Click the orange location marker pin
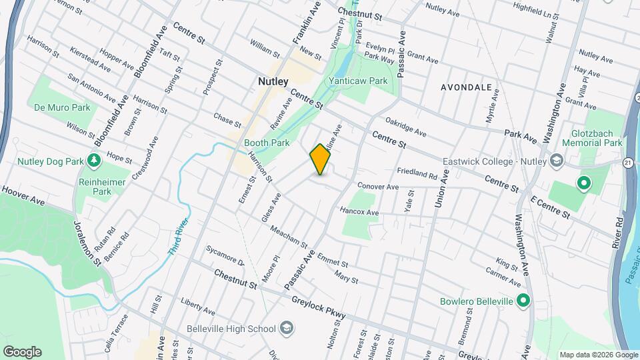point(320,159)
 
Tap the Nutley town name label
point(273,81)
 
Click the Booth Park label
point(267,143)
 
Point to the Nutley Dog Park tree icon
point(94,160)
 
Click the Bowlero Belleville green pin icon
point(523,301)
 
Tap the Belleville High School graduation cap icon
point(286,328)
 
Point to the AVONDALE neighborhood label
point(466,87)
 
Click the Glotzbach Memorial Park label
point(592,138)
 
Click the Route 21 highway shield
point(628,163)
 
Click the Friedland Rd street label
point(417,175)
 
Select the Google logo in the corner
point(22,352)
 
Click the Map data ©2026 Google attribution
point(598,355)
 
